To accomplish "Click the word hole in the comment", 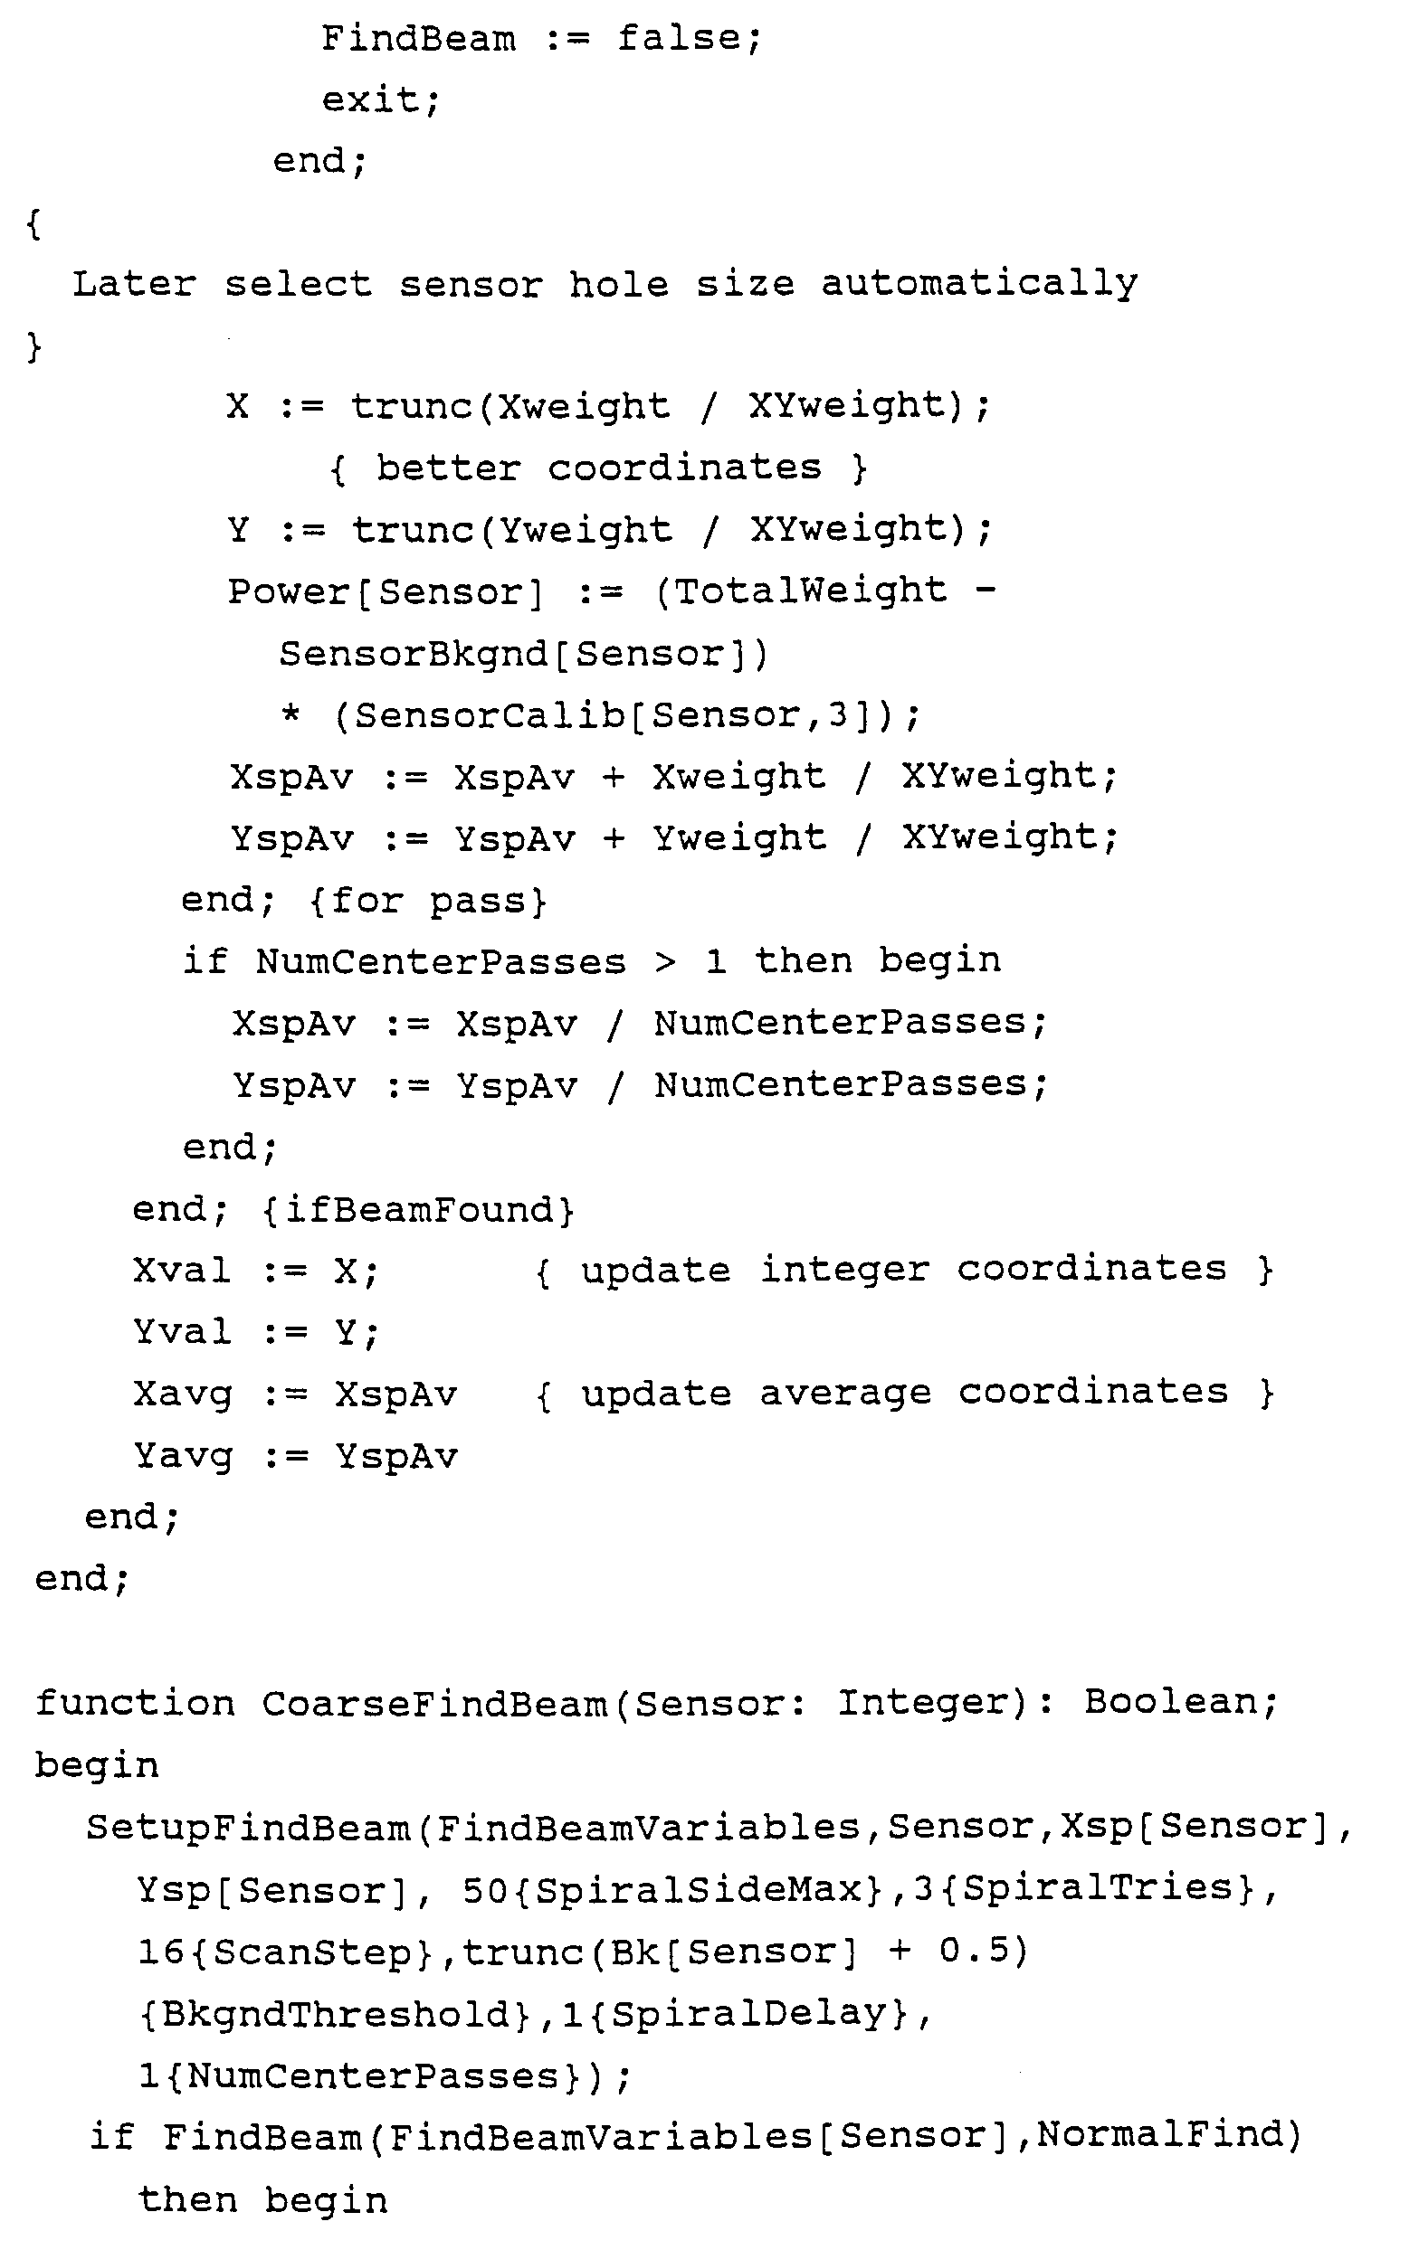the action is [619, 283].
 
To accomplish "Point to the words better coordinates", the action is [598, 468].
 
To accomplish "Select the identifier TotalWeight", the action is [811, 591].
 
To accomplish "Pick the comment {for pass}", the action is [428, 901].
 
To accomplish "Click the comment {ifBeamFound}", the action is [418, 1210].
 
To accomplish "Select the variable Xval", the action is [181, 1271].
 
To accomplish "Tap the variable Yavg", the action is [182, 1457].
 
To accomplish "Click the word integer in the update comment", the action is [844, 1270].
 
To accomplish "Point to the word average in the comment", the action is [845, 1394].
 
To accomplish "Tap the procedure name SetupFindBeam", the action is [249, 1828].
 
